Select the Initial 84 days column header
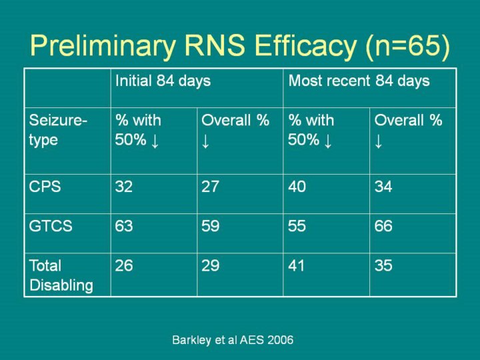[x=163, y=81]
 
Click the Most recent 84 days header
[x=359, y=81]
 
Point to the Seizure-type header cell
[x=58, y=130]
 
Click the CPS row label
[x=45, y=187]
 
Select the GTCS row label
[x=51, y=226]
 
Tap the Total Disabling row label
[x=61, y=275]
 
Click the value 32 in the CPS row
[x=124, y=187]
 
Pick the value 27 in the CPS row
[x=210, y=187]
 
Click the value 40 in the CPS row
[x=297, y=187]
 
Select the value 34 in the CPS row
[x=383, y=187]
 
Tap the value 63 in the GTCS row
[x=124, y=226]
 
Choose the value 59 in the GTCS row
[x=210, y=226]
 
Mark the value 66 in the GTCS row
[x=383, y=226]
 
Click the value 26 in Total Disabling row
[x=124, y=266]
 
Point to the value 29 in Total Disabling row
[x=210, y=266]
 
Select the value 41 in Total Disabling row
[x=297, y=266]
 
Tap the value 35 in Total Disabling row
[x=383, y=266]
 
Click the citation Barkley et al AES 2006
[x=233, y=340]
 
